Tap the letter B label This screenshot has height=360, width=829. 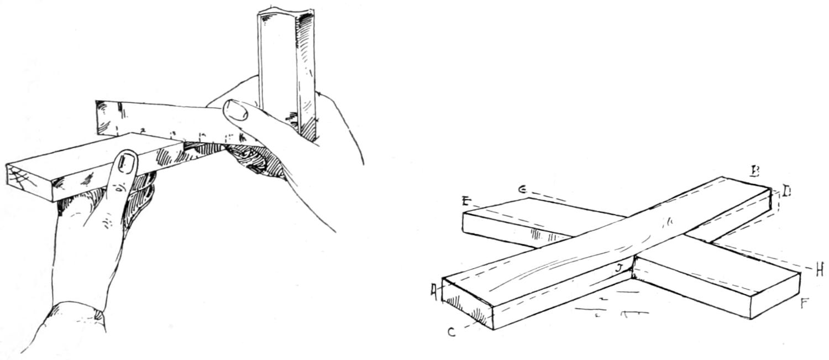click(x=754, y=171)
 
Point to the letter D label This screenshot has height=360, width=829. click(x=786, y=192)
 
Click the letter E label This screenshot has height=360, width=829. click(x=465, y=201)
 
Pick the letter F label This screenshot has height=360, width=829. click(x=805, y=303)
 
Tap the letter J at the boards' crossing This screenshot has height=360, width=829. click(x=621, y=269)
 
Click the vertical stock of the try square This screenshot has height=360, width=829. click(x=286, y=72)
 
